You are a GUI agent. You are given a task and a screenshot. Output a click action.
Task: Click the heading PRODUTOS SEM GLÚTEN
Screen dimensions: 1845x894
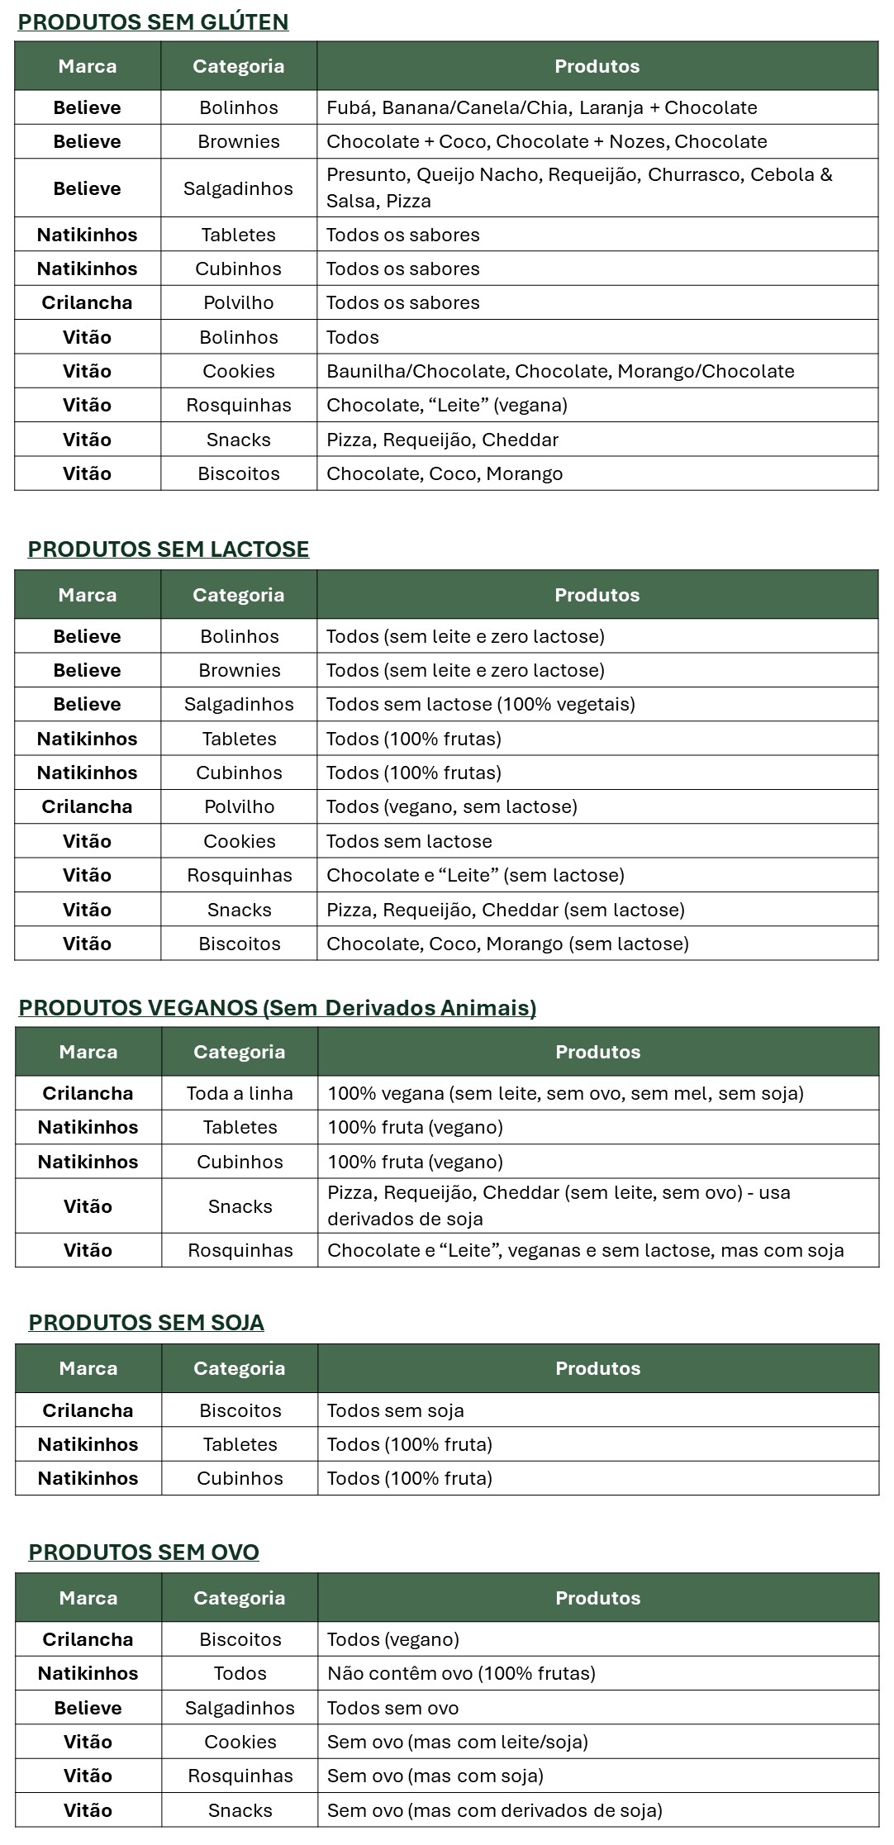[x=153, y=22]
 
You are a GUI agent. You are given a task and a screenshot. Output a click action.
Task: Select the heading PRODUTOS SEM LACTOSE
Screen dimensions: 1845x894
[x=169, y=549]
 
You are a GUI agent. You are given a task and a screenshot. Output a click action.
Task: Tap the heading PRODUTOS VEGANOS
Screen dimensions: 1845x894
[x=278, y=1008]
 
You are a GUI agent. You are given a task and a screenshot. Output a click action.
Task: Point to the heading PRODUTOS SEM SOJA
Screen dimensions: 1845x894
[x=146, y=1323]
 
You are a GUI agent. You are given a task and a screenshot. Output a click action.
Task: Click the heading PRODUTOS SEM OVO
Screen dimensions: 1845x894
[x=144, y=1552]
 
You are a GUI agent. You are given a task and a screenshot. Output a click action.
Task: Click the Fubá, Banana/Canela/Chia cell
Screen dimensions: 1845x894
[x=541, y=107]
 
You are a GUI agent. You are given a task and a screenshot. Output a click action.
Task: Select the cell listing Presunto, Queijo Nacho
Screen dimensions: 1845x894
[x=578, y=188]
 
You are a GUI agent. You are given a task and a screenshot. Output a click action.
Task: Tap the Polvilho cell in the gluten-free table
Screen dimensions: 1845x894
[x=238, y=302]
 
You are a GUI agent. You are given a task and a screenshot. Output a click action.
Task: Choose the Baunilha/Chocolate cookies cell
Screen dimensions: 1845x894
[x=560, y=371]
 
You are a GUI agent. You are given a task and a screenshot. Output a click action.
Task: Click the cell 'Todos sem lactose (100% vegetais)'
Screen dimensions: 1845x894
[x=480, y=704]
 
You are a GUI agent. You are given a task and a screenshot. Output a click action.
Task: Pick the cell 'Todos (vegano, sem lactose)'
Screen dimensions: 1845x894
[x=451, y=806]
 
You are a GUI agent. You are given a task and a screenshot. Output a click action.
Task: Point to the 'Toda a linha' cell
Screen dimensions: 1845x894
[x=240, y=1093]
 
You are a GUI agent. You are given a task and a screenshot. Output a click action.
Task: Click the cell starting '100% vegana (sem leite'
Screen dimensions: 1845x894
[x=565, y=1093]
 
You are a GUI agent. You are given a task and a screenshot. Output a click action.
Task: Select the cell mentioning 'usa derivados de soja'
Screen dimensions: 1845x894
[x=559, y=1205]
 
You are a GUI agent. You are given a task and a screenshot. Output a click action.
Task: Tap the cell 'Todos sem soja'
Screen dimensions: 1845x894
[x=395, y=1410]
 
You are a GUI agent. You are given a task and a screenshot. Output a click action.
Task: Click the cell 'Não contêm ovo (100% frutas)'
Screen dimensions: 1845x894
[x=461, y=1673]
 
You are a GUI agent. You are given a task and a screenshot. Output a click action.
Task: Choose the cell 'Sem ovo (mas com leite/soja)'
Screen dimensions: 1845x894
[x=457, y=1742]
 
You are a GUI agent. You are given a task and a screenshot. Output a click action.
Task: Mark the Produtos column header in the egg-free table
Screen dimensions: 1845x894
[x=597, y=1598]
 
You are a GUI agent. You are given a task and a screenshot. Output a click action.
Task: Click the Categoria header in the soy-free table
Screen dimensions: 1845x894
[x=239, y=1368]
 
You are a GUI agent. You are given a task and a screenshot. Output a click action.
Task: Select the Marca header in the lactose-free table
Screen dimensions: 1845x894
[x=88, y=595]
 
